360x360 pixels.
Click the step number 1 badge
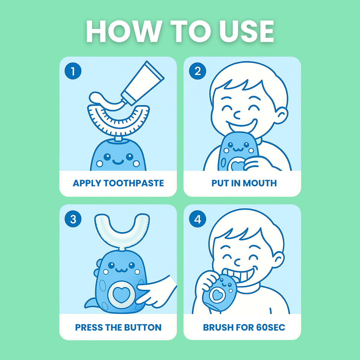pyautogui.click(x=73, y=71)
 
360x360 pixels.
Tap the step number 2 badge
pyautogui.click(x=197, y=71)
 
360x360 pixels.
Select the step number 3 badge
pyautogui.click(x=73, y=219)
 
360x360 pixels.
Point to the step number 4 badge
pyautogui.click(x=197, y=219)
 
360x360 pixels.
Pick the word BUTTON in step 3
pyautogui.click(x=143, y=328)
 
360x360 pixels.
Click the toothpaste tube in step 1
pyautogui.click(x=143, y=83)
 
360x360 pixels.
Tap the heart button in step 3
pyautogui.click(x=121, y=295)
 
